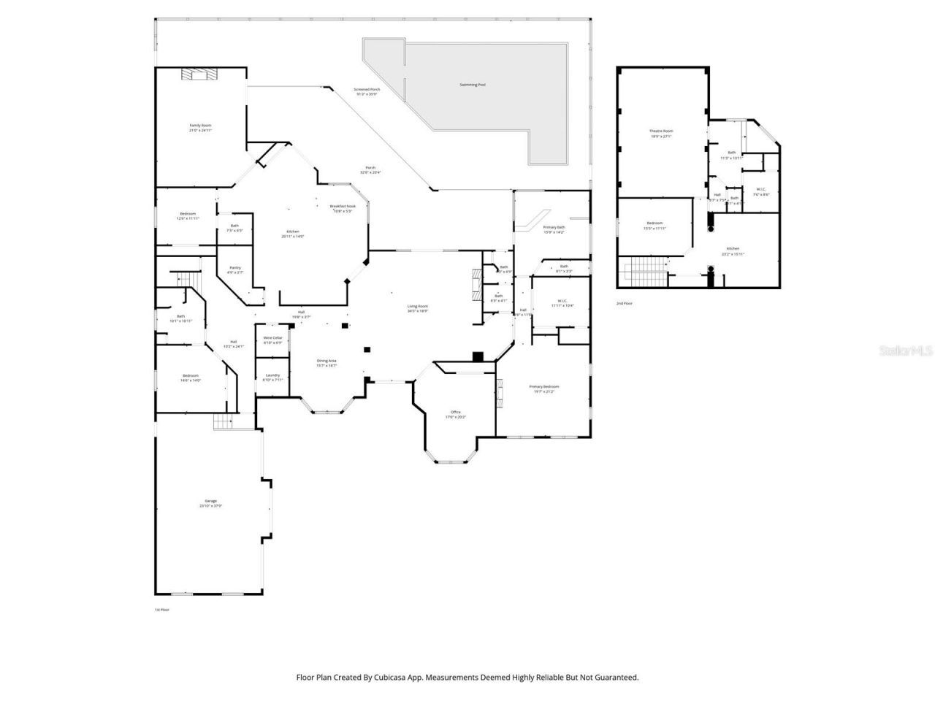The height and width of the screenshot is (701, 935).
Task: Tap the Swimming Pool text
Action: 473,85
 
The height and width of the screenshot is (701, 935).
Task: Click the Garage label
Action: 210,503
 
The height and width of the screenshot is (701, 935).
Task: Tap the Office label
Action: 456,414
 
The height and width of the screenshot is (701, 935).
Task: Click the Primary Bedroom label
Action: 544,388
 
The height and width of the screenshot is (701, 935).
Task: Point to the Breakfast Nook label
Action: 343,208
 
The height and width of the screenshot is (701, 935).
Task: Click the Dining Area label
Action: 327,362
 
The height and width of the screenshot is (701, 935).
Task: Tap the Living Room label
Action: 417,307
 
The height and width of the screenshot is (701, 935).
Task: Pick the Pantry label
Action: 235,269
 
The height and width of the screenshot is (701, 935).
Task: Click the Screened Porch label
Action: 367,91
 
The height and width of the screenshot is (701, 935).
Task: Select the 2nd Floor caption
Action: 624,302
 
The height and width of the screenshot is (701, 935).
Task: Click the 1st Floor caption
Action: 161,609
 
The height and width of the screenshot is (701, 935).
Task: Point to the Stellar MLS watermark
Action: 906,350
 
